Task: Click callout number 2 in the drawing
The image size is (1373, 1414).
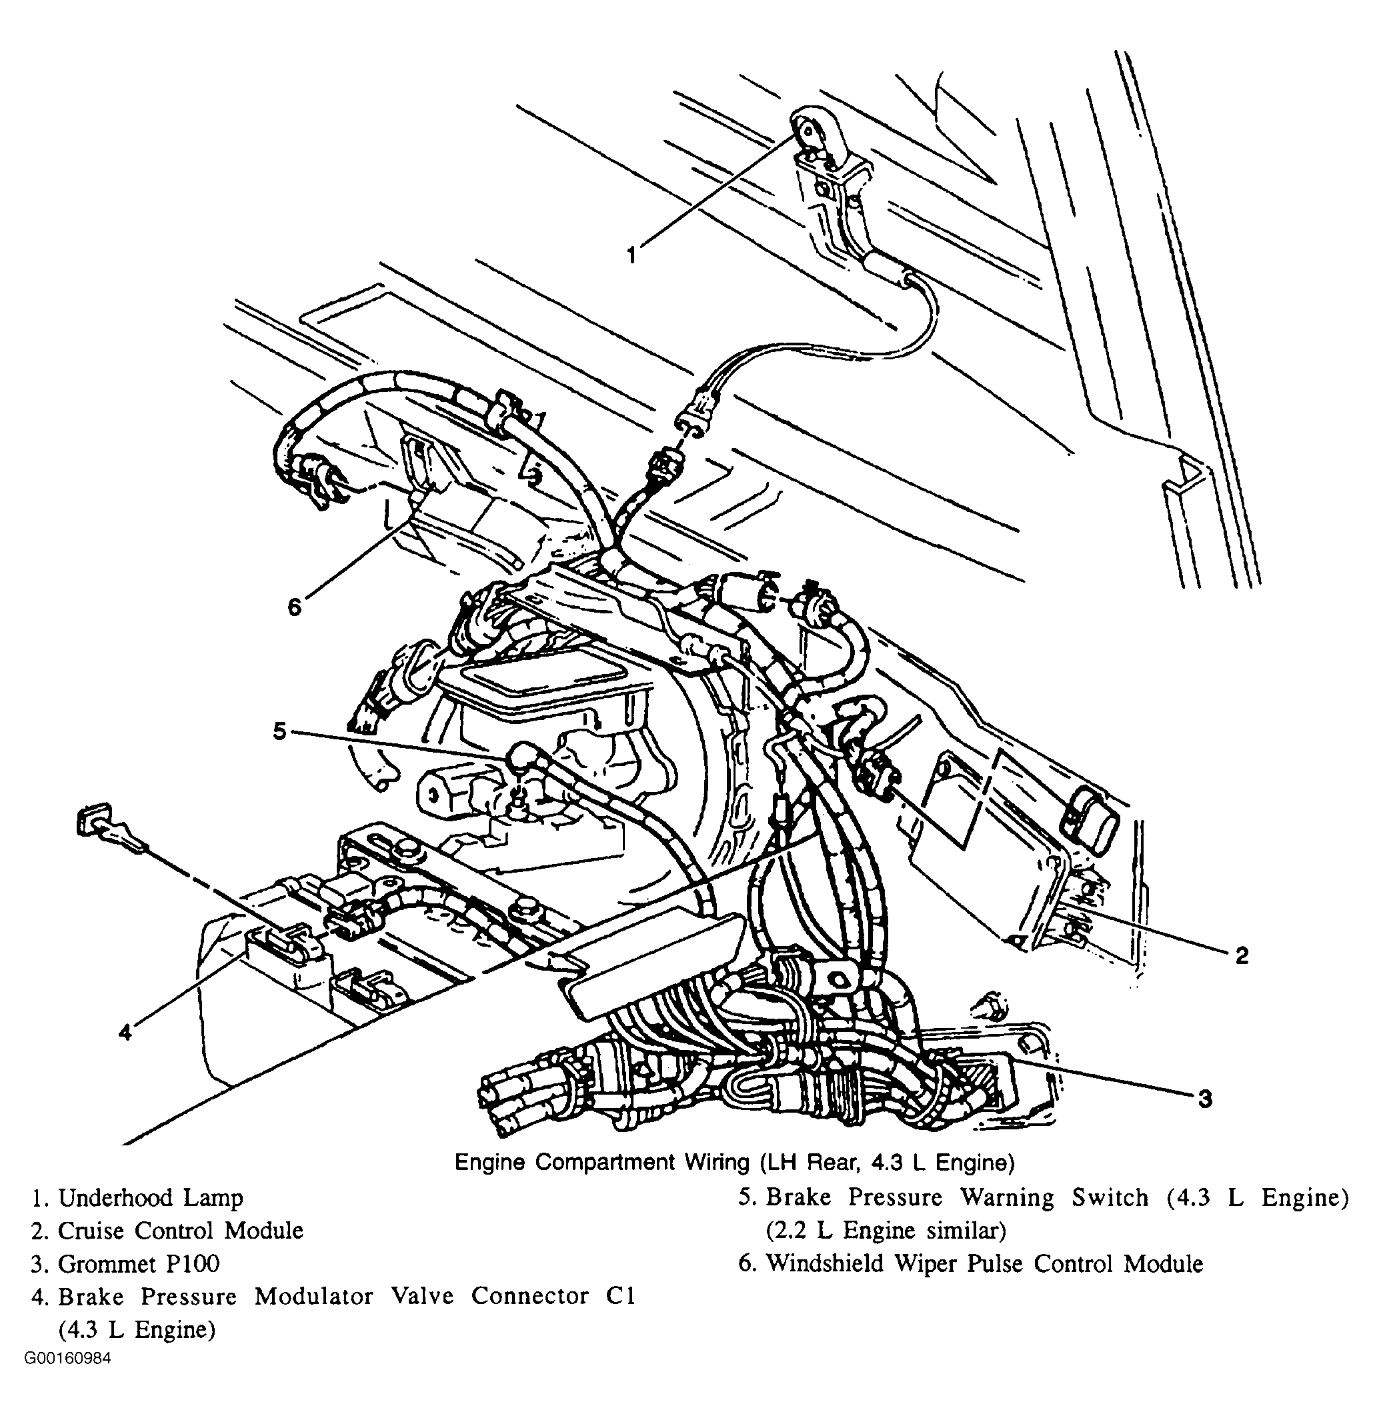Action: [1242, 955]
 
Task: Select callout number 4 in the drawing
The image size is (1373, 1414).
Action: [125, 1033]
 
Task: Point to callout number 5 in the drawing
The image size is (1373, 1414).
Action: [280, 731]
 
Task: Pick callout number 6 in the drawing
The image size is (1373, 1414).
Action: [294, 607]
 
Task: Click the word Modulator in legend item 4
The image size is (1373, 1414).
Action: [314, 1297]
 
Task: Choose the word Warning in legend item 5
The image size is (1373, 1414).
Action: [1006, 1197]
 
